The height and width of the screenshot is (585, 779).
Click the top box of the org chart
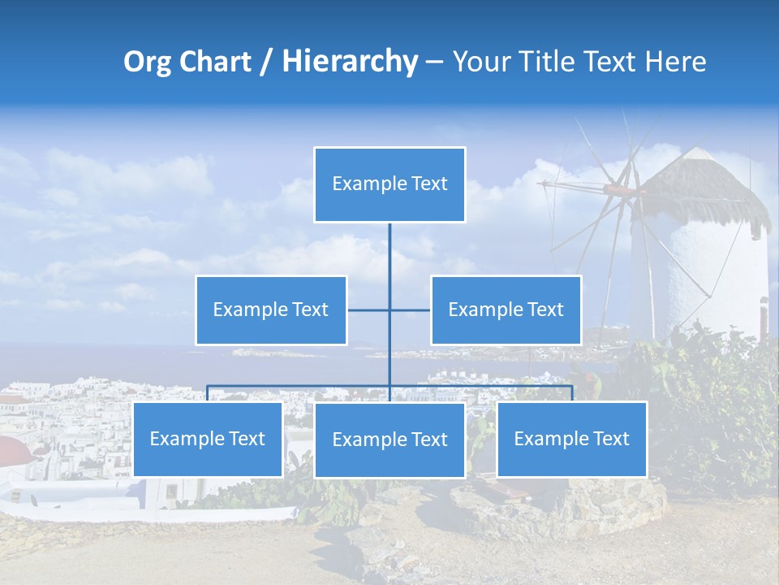(x=389, y=184)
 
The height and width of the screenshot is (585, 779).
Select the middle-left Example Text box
(x=271, y=310)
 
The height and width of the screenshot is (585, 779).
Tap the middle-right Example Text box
(x=506, y=310)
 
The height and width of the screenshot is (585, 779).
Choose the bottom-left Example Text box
(x=208, y=440)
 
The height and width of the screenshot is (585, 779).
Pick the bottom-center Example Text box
(x=389, y=440)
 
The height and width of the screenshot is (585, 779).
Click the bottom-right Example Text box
(x=571, y=440)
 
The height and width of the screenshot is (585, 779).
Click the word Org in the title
(x=147, y=62)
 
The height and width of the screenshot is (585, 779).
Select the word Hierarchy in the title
(x=349, y=62)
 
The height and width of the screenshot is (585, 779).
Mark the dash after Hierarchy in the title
(x=434, y=63)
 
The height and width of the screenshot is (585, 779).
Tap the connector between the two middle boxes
(x=389, y=310)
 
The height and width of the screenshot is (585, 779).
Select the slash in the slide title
(x=265, y=63)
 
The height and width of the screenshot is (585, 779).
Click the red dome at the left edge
(x=15, y=448)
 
